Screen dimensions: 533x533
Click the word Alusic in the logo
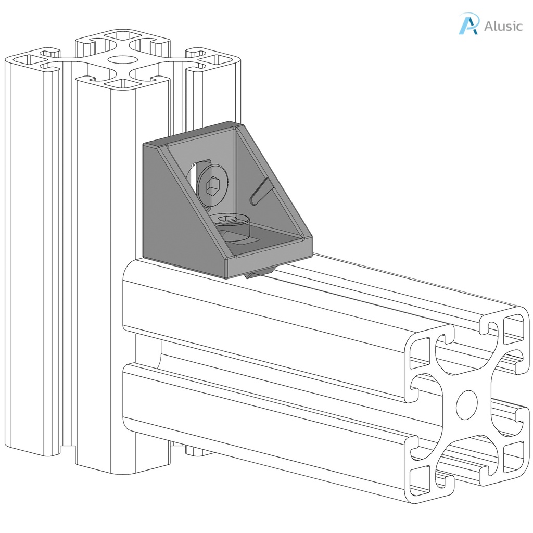click(503, 26)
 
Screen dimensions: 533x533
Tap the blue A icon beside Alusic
click(468, 24)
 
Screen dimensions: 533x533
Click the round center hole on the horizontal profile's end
click(467, 405)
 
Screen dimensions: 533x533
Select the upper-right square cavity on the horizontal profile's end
click(513, 328)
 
